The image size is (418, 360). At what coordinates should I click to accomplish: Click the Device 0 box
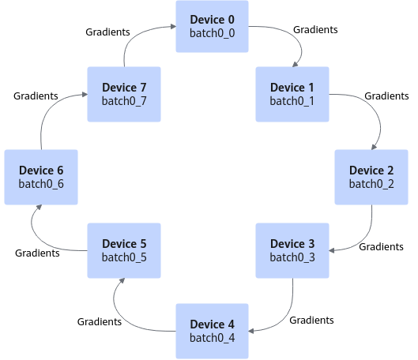click(213, 26)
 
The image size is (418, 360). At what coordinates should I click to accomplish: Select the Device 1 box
click(292, 94)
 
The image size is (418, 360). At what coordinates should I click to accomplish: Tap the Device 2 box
click(371, 177)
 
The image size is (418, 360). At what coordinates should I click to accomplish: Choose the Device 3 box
click(292, 250)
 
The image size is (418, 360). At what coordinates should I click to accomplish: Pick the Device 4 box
click(213, 331)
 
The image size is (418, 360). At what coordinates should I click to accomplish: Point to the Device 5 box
click(124, 250)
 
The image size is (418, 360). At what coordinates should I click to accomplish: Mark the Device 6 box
click(41, 177)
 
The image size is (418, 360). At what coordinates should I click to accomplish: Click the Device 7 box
click(124, 94)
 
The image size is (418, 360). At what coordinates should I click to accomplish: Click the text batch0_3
click(292, 257)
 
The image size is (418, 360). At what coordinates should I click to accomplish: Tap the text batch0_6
click(41, 184)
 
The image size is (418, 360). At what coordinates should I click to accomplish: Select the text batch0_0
click(213, 33)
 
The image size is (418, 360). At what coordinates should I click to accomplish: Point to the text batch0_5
click(124, 257)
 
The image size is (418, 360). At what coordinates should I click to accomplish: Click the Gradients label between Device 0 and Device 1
click(315, 29)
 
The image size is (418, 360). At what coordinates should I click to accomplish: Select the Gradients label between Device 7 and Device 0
click(107, 32)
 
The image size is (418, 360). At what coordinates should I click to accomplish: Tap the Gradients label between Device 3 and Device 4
click(311, 320)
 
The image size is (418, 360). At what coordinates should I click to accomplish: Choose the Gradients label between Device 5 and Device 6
click(37, 253)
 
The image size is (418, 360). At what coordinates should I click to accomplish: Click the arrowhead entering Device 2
click(374, 147)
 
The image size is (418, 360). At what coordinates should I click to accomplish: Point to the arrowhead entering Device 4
click(251, 331)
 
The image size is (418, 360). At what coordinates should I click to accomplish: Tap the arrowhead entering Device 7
click(85, 95)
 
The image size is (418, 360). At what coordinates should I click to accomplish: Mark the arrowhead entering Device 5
click(122, 280)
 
